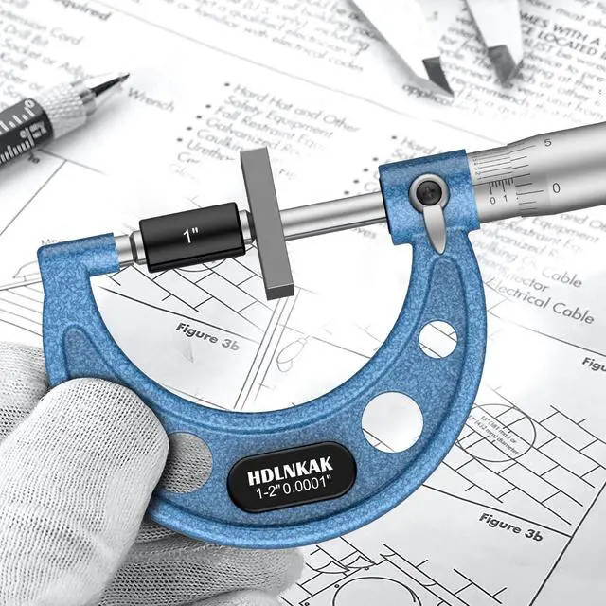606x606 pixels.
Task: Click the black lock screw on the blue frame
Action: [428, 192]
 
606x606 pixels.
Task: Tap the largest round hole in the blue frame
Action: [392, 421]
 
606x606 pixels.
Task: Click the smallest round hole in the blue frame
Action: [437, 338]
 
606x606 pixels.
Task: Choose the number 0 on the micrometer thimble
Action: [556, 187]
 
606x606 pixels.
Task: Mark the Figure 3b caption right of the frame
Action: [510, 526]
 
